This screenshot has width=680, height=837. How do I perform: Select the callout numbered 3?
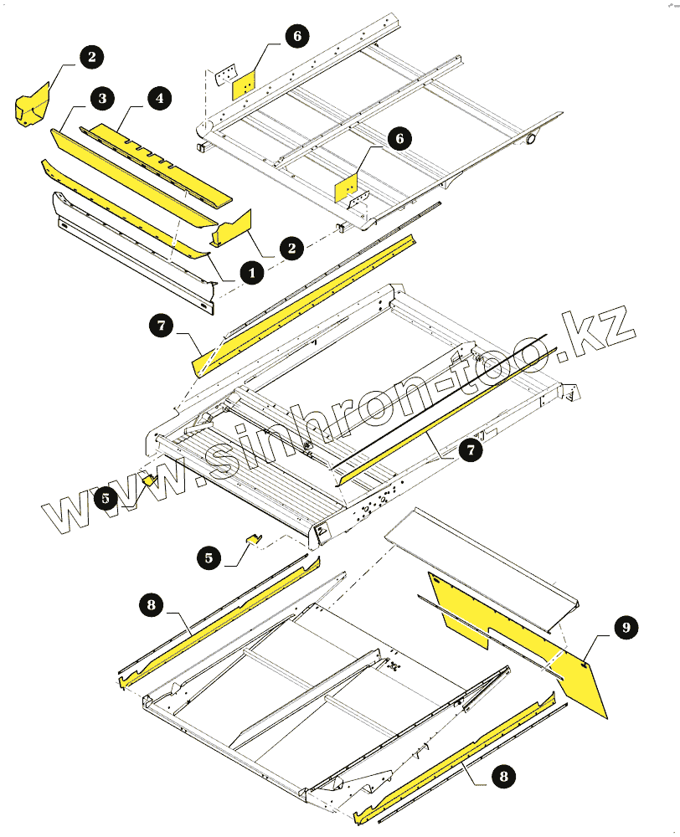[x=102, y=99]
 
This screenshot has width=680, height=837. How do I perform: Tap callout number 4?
[x=157, y=97]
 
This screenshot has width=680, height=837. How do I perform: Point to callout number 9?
[x=626, y=627]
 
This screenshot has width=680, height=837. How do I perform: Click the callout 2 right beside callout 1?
[x=291, y=248]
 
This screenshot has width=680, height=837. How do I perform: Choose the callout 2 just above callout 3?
[x=91, y=57]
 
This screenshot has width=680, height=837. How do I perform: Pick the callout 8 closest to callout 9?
[x=502, y=777]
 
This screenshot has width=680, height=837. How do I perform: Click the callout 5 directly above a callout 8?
[x=210, y=556]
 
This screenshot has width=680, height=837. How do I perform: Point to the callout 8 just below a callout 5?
[x=151, y=604]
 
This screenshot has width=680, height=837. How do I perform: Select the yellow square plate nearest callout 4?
[x=244, y=85]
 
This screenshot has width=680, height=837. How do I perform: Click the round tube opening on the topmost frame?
[x=530, y=138]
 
